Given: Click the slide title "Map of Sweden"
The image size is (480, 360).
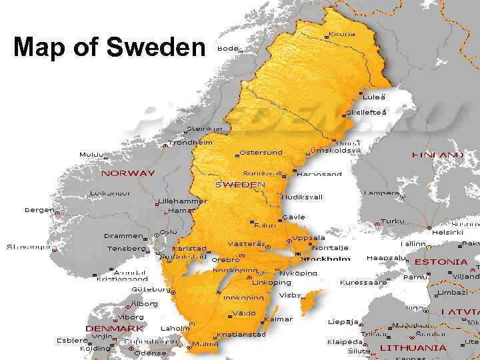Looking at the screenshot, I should (110, 47).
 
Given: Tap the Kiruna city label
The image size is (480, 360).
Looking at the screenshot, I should (342, 34).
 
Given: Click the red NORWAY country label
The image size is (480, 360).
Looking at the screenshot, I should (127, 173).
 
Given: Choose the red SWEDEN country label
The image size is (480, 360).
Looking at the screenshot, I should (240, 184).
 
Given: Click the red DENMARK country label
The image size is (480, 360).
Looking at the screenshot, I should (115, 328).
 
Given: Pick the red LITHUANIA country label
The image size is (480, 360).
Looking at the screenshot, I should (413, 347).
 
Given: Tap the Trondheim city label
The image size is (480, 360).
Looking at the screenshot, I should (190, 142).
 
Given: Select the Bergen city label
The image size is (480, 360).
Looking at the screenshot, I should (39, 209).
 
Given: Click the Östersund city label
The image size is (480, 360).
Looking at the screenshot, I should (261, 152).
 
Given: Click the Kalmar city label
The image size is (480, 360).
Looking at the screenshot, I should (279, 319).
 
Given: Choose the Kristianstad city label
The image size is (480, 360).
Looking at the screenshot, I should (241, 334).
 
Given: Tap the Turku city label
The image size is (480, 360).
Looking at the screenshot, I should (393, 221).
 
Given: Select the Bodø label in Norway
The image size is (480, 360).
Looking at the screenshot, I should (227, 48).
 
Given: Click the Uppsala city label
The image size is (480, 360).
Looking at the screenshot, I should (309, 237).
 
